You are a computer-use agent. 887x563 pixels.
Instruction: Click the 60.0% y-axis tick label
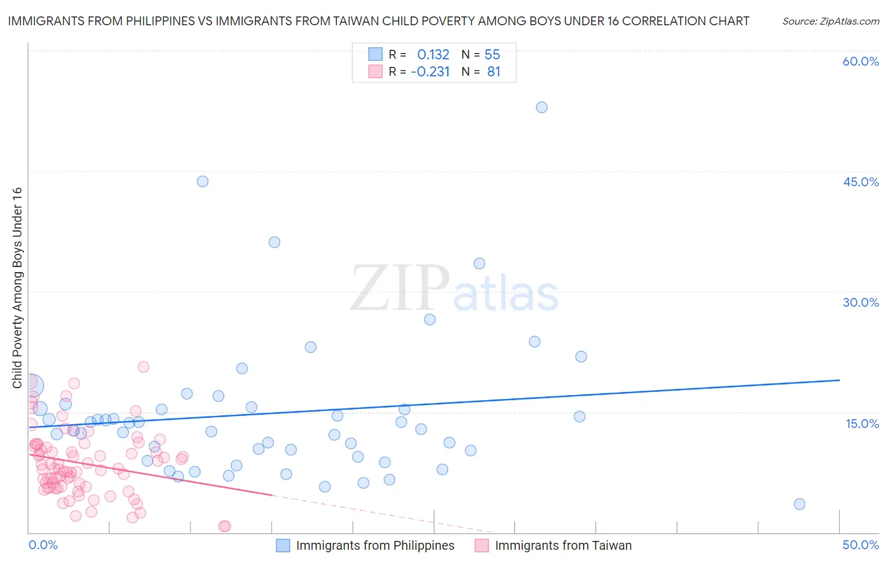click(x=861, y=61)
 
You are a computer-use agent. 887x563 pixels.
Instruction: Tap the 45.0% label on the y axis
click(x=861, y=182)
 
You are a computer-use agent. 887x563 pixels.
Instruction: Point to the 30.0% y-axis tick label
click(x=861, y=302)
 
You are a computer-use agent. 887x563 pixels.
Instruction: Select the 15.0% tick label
click(x=862, y=424)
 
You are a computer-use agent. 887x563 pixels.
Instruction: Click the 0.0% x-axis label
click(x=43, y=545)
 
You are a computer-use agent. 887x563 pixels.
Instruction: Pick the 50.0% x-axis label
click(x=861, y=545)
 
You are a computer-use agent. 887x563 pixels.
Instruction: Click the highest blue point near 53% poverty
click(x=541, y=107)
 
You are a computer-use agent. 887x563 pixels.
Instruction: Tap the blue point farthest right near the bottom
click(x=799, y=504)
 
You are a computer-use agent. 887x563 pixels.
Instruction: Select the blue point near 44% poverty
click(x=203, y=181)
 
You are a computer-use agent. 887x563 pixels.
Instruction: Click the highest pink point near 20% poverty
click(x=143, y=367)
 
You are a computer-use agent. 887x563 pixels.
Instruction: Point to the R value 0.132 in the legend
click(x=433, y=54)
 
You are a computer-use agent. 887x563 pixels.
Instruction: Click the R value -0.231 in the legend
click(x=430, y=72)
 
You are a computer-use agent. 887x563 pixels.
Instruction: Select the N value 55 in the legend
click(x=492, y=54)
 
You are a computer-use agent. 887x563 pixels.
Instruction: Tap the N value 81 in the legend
click(x=493, y=72)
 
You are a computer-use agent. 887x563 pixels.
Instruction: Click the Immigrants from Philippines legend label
click(x=375, y=545)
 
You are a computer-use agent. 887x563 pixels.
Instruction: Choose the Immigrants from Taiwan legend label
click(x=563, y=545)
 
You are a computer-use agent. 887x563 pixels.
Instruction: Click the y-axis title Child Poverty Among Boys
click(x=17, y=288)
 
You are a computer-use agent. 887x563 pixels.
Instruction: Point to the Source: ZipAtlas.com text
click(x=830, y=21)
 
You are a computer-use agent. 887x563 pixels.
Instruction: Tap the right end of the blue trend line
click(x=839, y=380)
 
